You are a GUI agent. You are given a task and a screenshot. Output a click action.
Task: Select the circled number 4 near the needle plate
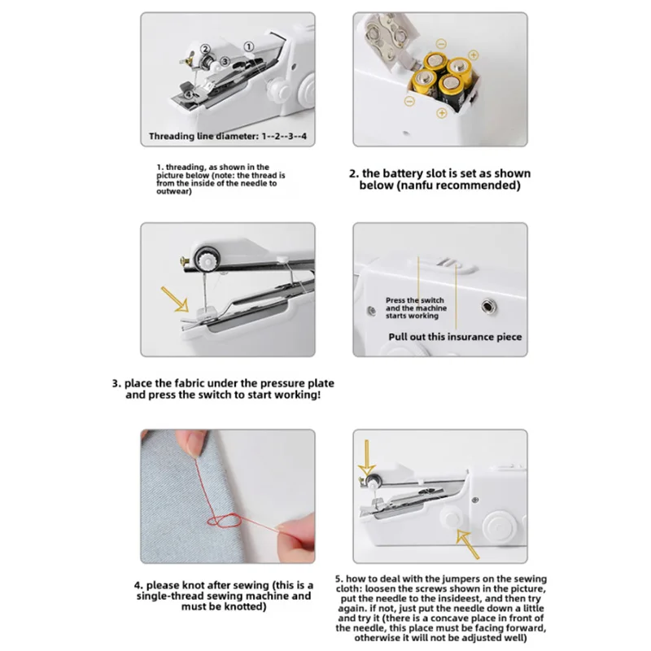[x=189, y=94]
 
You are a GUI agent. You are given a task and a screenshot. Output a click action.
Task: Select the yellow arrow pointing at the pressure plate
[x=177, y=298]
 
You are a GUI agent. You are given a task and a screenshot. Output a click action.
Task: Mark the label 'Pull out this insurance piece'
[x=455, y=336]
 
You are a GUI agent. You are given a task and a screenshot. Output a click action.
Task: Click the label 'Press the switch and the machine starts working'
[x=414, y=308]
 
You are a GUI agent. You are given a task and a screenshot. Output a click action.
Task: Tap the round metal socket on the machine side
[x=488, y=306]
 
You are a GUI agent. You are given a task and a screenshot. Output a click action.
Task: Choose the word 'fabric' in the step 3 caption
[x=185, y=382]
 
